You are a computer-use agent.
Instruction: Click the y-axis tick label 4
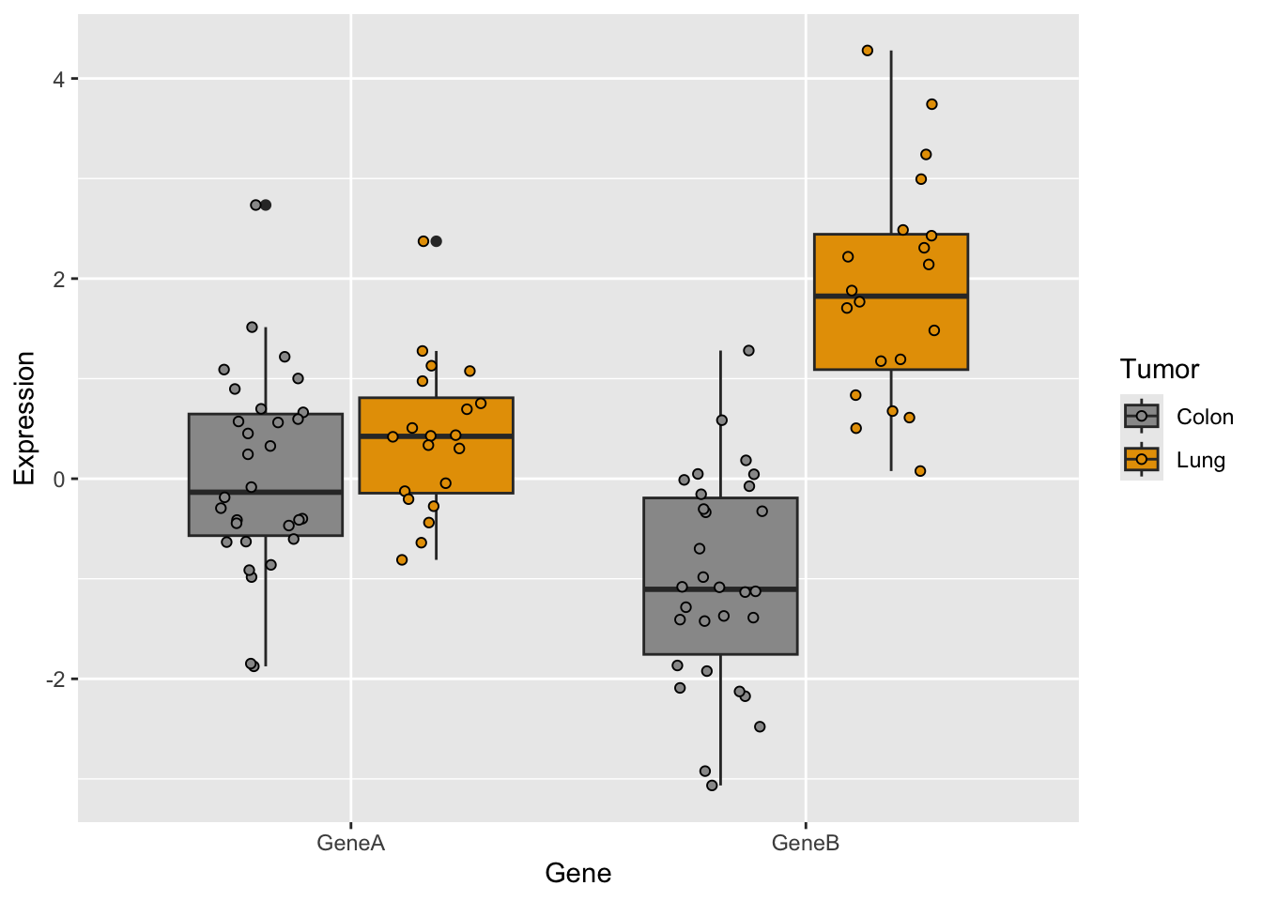click(58, 79)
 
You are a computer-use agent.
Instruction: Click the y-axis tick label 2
click(58, 279)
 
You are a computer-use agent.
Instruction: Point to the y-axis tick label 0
click(58, 480)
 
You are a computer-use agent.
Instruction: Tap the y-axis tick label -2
click(55, 680)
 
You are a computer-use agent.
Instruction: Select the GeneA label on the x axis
click(350, 843)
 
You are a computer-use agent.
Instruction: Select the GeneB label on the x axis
click(806, 843)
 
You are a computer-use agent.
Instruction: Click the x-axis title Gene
click(577, 874)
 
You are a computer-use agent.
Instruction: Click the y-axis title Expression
click(24, 418)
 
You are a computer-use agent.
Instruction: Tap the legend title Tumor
click(1159, 370)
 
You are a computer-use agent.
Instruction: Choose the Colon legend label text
click(1204, 417)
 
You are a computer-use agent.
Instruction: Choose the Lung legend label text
click(1200, 460)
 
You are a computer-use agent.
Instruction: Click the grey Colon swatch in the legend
click(1141, 416)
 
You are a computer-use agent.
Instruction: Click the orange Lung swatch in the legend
click(1141, 459)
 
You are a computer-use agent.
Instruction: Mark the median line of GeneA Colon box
click(266, 492)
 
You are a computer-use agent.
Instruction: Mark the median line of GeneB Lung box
click(891, 296)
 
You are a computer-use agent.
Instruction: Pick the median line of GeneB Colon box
click(720, 589)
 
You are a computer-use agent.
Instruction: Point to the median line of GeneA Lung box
click(436, 436)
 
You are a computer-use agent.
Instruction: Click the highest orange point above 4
click(868, 51)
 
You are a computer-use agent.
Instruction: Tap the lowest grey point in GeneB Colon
click(712, 786)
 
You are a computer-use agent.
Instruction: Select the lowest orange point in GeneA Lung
click(402, 560)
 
